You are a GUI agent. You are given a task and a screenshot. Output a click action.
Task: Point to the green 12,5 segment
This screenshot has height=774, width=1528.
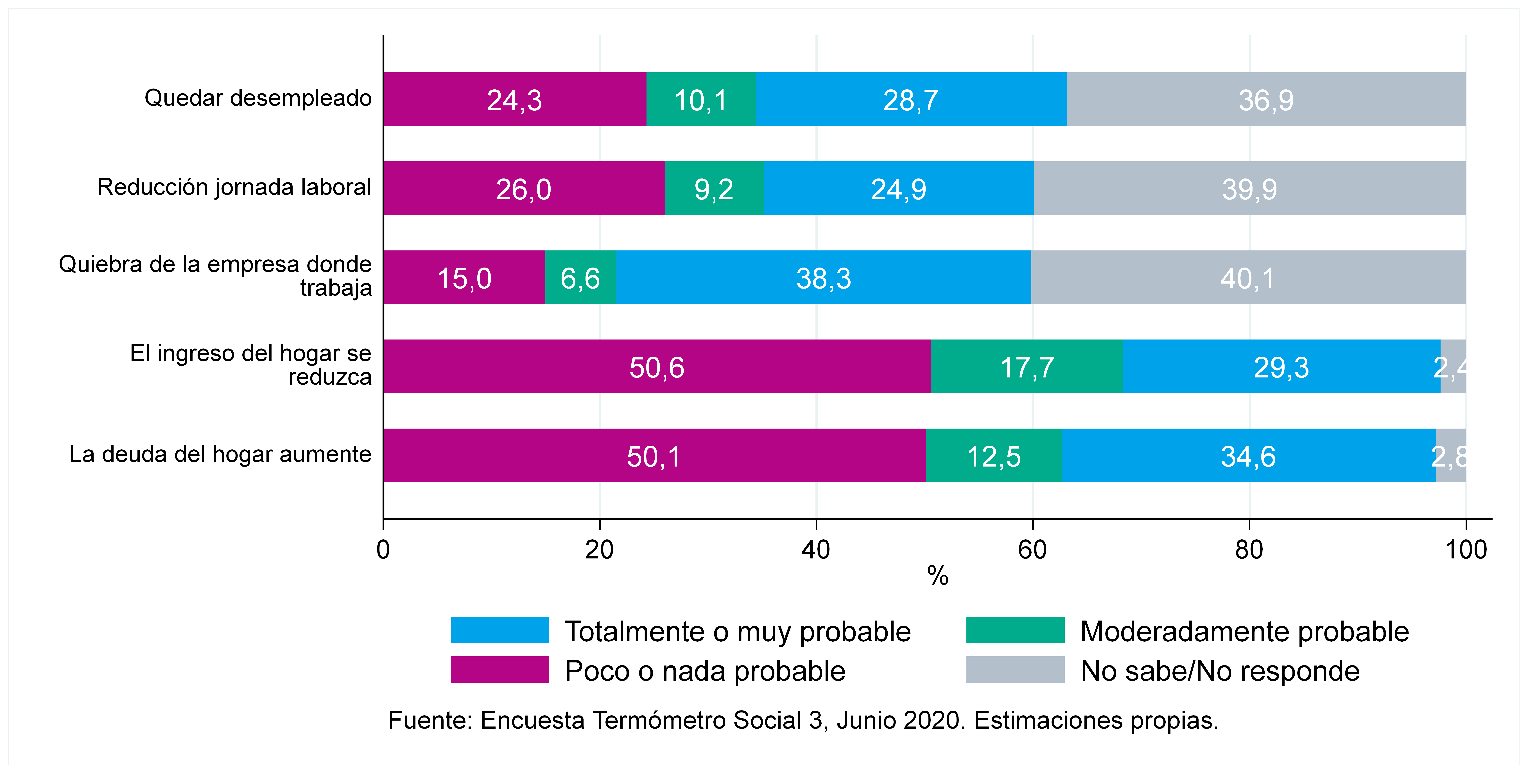click(x=994, y=455)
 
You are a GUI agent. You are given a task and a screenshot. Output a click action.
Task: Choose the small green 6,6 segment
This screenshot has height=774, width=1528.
click(x=581, y=277)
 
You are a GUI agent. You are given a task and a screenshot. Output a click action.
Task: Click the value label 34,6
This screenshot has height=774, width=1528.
click(x=1248, y=457)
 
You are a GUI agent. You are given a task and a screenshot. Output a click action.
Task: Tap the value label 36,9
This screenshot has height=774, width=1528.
click(x=1266, y=100)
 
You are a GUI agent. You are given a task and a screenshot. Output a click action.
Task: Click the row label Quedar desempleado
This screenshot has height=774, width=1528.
click(x=258, y=98)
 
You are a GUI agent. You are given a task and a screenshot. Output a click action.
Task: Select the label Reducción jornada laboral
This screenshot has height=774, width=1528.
click(x=234, y=187)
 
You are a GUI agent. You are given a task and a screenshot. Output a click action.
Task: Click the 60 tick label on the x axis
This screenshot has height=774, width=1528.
click(x=1033, y=550)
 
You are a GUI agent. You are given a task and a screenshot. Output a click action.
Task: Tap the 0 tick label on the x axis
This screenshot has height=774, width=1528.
click(x=383, y=550)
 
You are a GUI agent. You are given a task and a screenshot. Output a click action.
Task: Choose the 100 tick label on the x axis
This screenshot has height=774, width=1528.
click(x=1466, y=550)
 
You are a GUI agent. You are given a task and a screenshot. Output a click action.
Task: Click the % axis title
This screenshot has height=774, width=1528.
click(x=938, y=575)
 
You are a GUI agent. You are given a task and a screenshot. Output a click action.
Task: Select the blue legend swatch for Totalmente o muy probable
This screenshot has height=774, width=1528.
click(x=499, y=630)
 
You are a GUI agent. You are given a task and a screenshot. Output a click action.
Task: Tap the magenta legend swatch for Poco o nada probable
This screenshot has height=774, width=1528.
click(x=499, y=669)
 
